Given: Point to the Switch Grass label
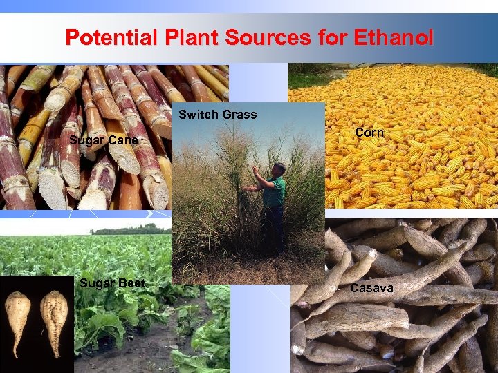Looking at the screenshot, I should click(217, 115).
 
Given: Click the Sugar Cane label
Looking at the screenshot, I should click(104, 142).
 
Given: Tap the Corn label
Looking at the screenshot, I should click(369, 132).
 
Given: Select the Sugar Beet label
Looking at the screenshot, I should click(112, 283).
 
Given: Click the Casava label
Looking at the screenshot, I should click(371, 287).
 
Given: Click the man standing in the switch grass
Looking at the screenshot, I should click(271, 204).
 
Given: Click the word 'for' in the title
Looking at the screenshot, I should click(329, 37).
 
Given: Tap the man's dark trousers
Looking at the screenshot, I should click(275, 224).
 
